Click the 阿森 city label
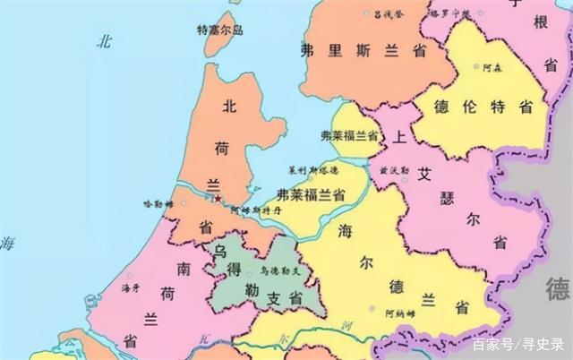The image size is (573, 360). (493, 68)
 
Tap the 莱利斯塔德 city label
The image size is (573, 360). (313, 169)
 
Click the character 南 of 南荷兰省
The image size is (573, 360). (183, 268)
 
